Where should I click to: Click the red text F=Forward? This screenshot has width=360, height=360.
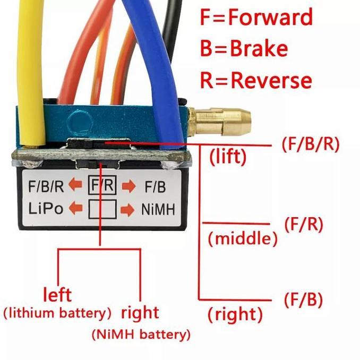tap(256, 18)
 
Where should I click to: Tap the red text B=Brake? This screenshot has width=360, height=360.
tap(244, 49)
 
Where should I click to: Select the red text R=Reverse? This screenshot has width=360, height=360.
tap(255, 80)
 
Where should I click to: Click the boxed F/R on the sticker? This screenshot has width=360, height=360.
tap(102, 186)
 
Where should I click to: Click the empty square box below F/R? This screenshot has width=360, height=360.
tap(102, 209)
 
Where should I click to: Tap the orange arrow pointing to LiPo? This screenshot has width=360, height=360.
tap(76, 209)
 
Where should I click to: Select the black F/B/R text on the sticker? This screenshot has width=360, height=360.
tap(47, 186)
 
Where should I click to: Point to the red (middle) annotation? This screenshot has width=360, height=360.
tap(243, 239)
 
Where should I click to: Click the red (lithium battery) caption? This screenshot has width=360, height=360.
tap(57, 312)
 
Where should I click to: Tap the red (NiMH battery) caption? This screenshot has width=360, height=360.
tap(141, 335)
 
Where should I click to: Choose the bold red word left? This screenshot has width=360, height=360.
tap(57, 294)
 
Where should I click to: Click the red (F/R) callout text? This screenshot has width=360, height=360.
tap(303, 224)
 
